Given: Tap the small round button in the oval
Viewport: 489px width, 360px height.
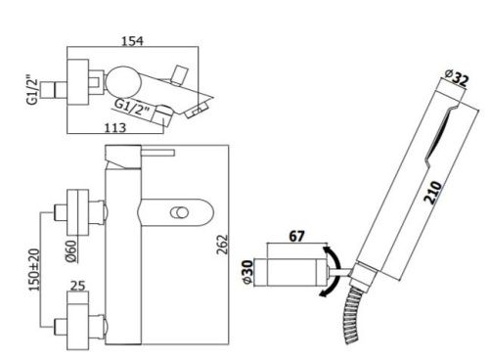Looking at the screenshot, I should click(179, 213).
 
